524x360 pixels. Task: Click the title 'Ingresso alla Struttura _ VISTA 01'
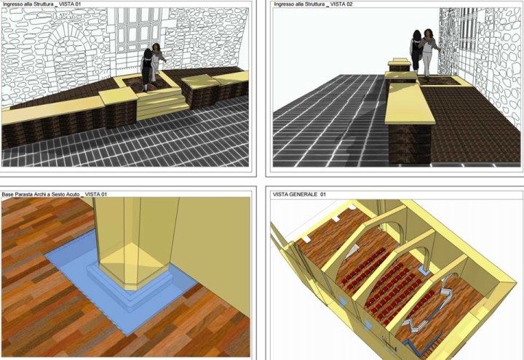pyautogui.click(x=41, y=4)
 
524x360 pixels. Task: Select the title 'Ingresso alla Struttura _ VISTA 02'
pyautogui.click(x=313, y=4)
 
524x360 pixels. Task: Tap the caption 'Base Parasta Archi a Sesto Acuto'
pyautogui.click(x=41, y=194)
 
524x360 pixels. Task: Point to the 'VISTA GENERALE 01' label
pyautogui.click(x=299, y=194)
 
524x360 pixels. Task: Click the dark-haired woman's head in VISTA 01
pyautogui.click(x=147, y=53)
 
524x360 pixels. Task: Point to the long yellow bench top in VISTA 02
pyautogui.click(x=409, y=103)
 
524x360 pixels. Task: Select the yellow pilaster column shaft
pyautogui.click(x=135, y=241)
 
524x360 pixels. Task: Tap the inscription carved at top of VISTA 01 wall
pyautogui.click(x=66, y=15)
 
